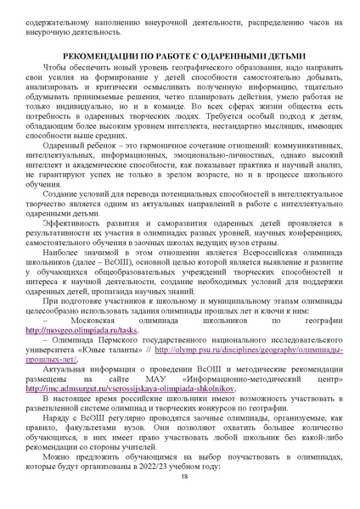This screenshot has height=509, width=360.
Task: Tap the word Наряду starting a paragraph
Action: click(62, 441)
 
